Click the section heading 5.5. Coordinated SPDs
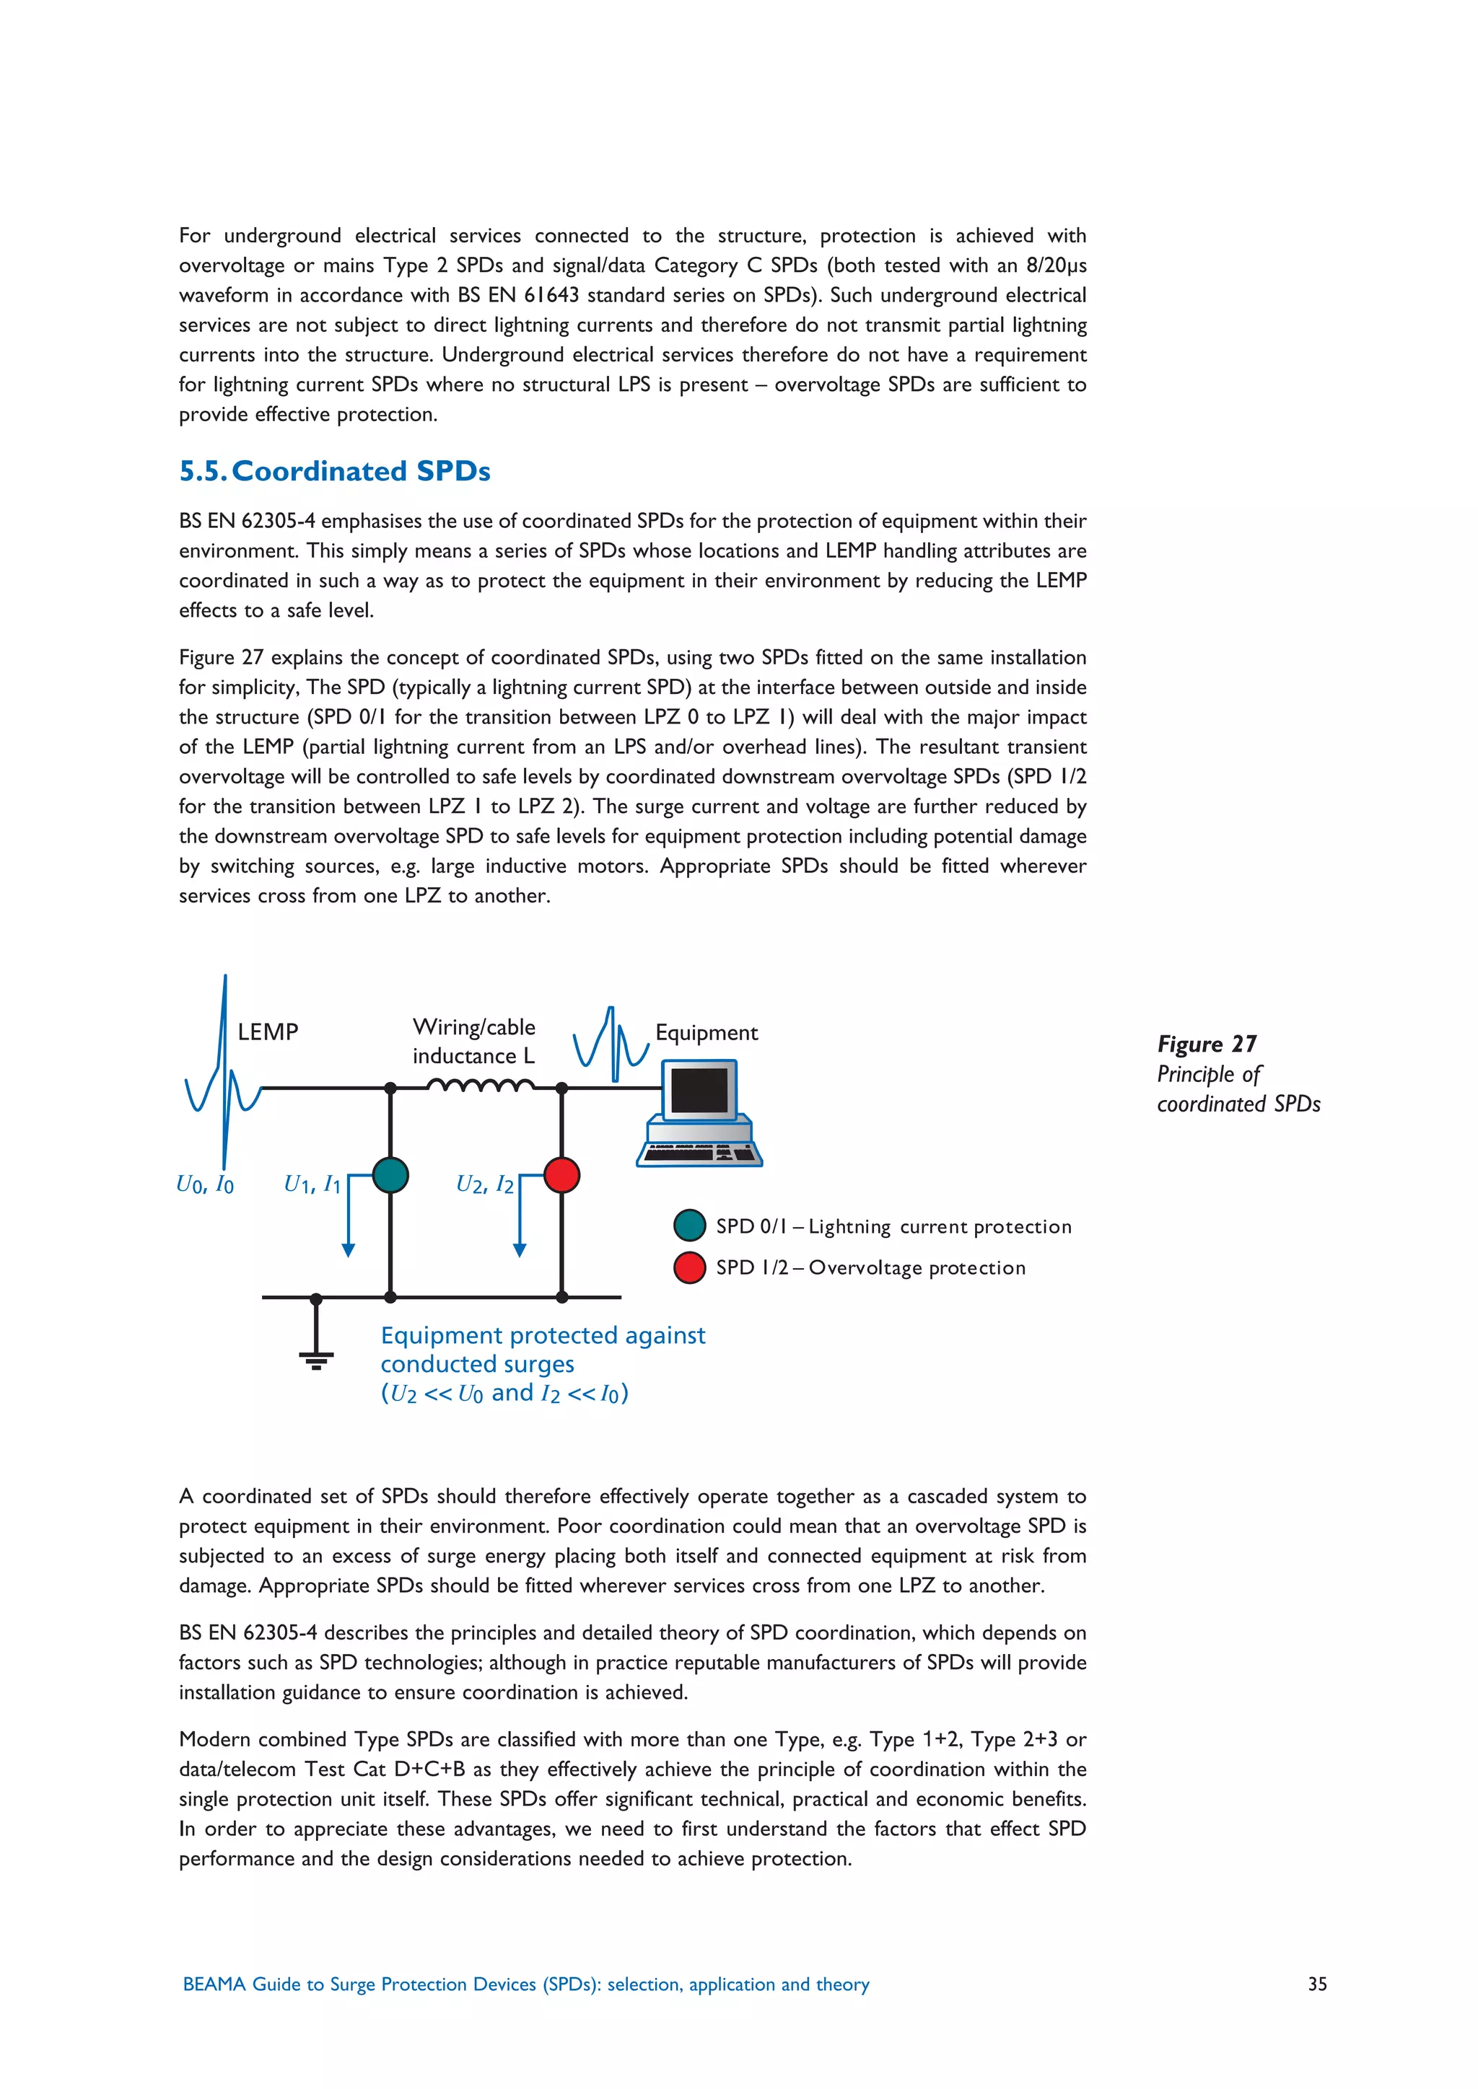click(x=334, y=471)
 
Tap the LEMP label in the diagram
click(x=268, y=1032)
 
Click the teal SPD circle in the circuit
click(x=390, y=1174)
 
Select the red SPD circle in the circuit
click(x=561, y=1174)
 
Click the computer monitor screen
click(x=699, y=1091)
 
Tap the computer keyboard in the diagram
click(x=699, y=1153)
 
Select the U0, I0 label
click(x=205, y=1184)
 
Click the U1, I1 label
click(x=312, y=1184)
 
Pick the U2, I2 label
click(x=484, y=1184)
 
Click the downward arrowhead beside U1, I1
click(x=348, y=1250)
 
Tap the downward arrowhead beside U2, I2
click(x=520, y=1250)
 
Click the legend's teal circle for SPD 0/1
click(x=690, y=1226)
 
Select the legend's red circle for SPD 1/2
click(x=690, y=1267)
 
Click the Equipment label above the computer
click(x=707, y=1033)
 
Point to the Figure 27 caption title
click(x=1206, y=1044)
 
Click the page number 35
click(x=1317, y=1984)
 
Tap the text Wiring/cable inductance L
click(x=473, y=1042)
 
